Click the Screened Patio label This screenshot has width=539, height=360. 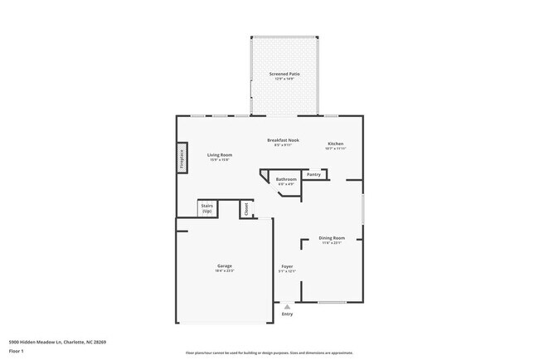[x=284, y=74]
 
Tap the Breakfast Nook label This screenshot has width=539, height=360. [x=284, y=140]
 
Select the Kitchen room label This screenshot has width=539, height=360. [x=335, y=143]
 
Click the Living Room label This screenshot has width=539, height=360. [x=219, y=155]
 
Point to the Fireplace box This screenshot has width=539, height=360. [x=182, y=158]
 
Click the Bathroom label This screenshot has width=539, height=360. [x=286, y=179]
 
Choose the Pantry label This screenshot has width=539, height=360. [x=313, y=174]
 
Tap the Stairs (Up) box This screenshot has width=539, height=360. [x=207, y=209]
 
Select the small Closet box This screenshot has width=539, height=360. [x=245, y=209]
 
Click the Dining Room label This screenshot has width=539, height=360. [x=332, y=238]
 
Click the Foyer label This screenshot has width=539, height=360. [x=286, y=266]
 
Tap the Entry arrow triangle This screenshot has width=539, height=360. [x=288, y=306]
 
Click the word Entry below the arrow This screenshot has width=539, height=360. [x=288, y=314]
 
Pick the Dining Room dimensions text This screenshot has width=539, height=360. [x=332, y=243]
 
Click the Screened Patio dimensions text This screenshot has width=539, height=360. [x=284, y=79]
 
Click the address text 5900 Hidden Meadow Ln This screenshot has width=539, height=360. [x=57, y=341]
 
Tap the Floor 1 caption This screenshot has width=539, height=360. [x=17, y=350]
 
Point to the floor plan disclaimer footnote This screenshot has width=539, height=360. [x=269, y=353]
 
